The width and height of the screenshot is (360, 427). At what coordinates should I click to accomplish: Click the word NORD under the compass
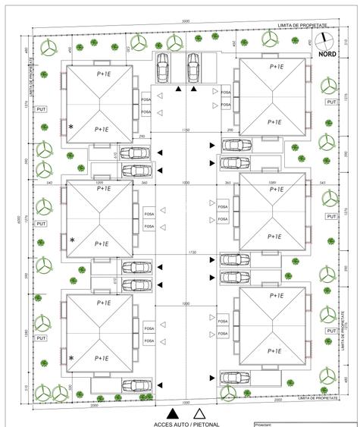click(x=327, y=54)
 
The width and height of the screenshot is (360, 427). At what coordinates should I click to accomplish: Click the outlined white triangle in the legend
click(x=199, y=413)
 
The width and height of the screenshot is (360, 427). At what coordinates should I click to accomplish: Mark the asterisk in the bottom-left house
click(x=73, y=357)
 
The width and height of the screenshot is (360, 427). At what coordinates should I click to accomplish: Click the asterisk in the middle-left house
click(x=73, y=240)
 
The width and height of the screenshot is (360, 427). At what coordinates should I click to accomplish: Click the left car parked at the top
click(x=162, y=70)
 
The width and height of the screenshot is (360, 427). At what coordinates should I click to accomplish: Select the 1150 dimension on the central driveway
click(x=185, y=130)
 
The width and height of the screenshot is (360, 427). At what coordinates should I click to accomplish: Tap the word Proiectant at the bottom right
click(x=268, y=425)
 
